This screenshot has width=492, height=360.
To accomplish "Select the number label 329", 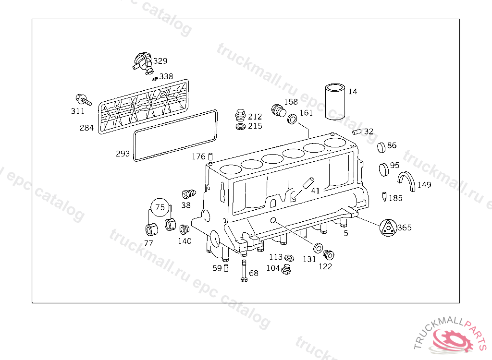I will [x=160, y=61].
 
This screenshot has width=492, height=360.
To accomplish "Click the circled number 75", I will [x=161, y=207].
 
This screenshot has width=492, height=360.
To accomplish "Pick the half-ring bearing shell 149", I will [x=408, y=181].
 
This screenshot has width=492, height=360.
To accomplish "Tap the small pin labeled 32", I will [x=357, y=132].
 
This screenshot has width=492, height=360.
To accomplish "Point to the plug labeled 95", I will [x=383, y=168].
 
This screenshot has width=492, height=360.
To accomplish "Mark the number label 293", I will [x=123, y=154].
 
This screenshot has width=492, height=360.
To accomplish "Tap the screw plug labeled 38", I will [x=188, y=194].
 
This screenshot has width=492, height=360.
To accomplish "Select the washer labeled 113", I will [x=289, y=258].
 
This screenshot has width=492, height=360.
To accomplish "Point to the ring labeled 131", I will [x=318, y=248].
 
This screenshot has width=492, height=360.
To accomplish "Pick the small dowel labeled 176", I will [x=210, y=156].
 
